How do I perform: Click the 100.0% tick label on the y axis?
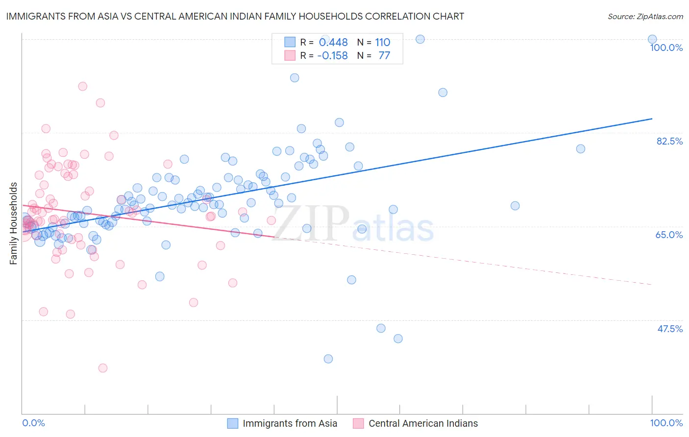666,48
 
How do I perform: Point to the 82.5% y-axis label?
669,141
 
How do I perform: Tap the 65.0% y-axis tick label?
669,235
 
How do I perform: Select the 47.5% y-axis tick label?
669,329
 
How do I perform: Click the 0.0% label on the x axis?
33,423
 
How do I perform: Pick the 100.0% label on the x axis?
666,423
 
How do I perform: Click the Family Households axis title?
13,223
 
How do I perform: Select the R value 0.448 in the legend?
333,43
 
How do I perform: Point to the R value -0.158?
332,56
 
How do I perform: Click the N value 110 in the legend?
383,43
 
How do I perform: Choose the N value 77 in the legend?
384,56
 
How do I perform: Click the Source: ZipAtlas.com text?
645,17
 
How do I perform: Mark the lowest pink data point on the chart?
103,368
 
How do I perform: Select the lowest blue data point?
328,359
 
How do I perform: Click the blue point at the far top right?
652,39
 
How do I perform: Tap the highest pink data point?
83,86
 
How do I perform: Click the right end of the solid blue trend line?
652,119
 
